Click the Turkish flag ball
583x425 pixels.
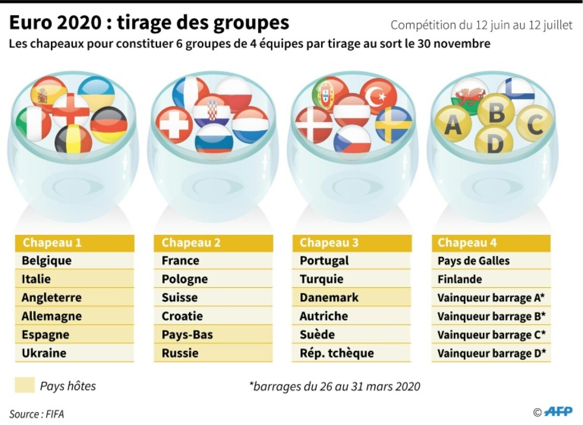(378, 96)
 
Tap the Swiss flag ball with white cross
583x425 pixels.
(174, 125)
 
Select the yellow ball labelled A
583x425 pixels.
(452, 124)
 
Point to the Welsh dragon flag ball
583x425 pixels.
(470, 95)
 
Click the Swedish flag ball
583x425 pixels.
(393, 124)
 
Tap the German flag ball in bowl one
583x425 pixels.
(109, 125)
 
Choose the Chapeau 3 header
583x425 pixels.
(352, 243)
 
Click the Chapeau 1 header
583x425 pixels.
(75, 243)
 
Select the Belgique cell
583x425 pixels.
(75, 261)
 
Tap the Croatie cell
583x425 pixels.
(213, 316)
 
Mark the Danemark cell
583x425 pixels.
(352, 298)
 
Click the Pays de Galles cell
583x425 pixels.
(491, 261)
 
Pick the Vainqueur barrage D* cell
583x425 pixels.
(491, 353)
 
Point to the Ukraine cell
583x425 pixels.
(75, 353)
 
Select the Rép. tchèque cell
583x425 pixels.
(352, 353)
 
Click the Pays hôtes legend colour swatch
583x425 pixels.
(25, 385)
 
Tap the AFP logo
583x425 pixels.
(558, 412)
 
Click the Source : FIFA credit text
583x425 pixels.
(37, 414)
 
